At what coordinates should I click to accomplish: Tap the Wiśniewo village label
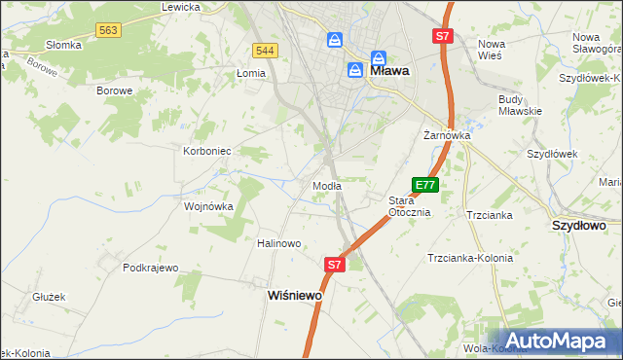point(295,295)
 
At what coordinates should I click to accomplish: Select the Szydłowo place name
point(579,225)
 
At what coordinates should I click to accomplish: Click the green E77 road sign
point(425,185)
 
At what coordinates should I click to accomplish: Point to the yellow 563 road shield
point(108,31)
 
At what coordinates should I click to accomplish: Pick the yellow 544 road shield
point(264,50)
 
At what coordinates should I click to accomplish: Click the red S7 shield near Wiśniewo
point(335,264)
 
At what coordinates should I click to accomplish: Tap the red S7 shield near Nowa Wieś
point(442,36)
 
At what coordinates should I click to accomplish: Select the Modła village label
point(325,186)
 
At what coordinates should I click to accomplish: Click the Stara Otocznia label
point(409,206)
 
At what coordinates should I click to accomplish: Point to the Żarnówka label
point(447,136)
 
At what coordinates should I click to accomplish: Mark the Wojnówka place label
point(209,206)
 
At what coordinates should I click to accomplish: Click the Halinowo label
point(279,243)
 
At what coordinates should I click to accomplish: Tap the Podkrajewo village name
point(151,268)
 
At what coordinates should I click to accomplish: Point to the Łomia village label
point(251,73)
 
